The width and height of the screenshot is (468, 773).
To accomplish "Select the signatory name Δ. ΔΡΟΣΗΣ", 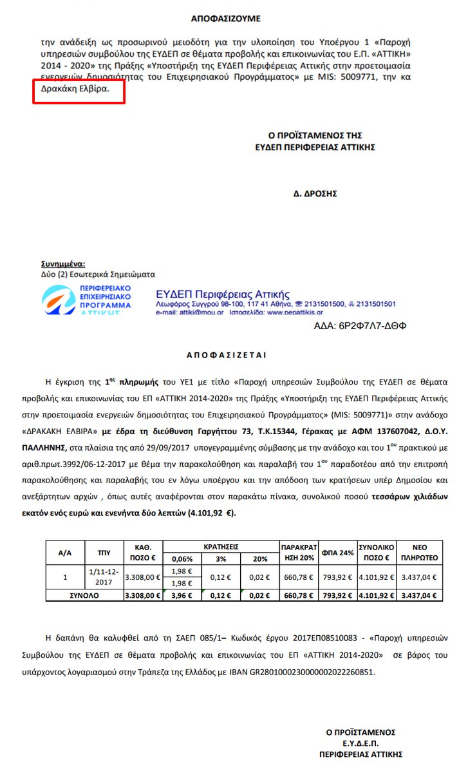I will (x=315, y=193).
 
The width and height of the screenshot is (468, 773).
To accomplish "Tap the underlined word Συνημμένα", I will (x=63, y=264).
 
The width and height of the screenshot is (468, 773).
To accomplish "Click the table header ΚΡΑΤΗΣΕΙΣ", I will (x=221, y=546).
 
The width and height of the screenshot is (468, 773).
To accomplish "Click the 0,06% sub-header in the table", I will (x=182, y=558).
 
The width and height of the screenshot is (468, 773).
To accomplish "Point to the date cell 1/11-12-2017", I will (x=104, y=577).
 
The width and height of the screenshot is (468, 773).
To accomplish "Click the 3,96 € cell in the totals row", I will (x=182, y=595).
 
